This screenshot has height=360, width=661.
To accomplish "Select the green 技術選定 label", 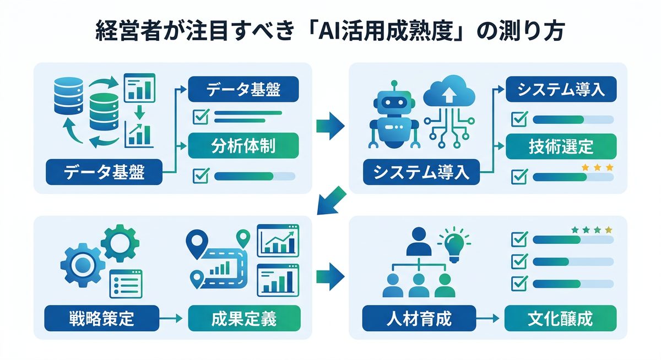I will click(560, 146).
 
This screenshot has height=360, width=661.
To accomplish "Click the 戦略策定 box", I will click(101, 318).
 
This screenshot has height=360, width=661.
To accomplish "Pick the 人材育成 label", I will click(419, 318).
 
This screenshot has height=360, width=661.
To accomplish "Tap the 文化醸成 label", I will click(560, 318).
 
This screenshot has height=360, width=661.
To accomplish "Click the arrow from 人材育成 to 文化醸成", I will click(490, 318).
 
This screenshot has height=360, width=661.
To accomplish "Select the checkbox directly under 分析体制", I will click(199, 176).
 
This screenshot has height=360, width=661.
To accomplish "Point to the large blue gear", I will click(82, 264).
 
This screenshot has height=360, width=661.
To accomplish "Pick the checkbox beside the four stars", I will click(518, 239).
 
